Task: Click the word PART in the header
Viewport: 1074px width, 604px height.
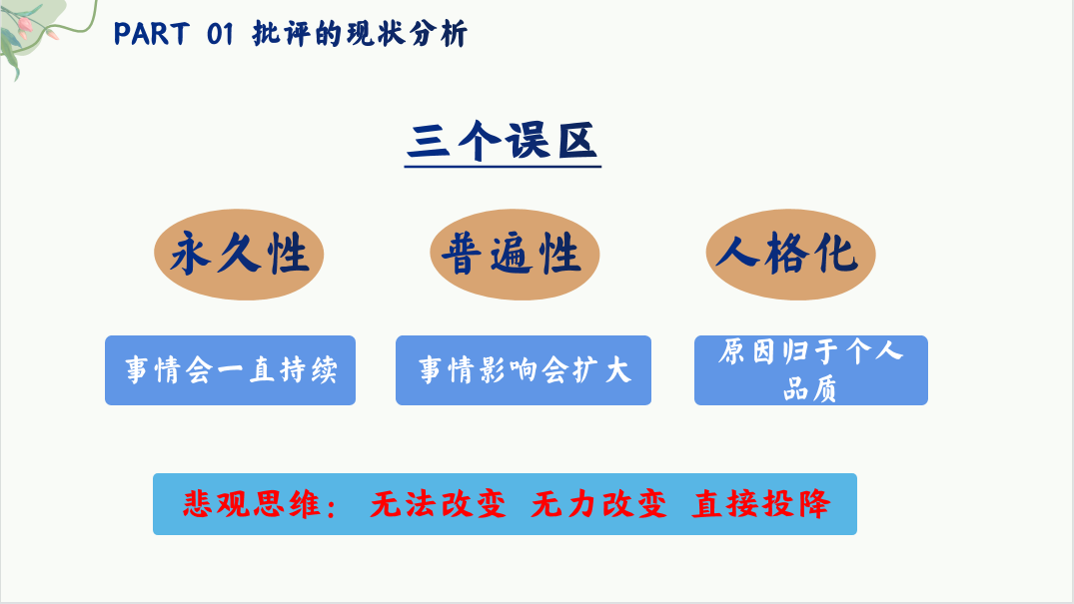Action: coord(151,34)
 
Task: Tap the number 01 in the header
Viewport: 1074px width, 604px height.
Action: coord(220,34)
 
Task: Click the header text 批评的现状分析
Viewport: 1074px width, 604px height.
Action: coord(361,34)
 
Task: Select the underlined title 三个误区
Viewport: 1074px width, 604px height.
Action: coord(503,141)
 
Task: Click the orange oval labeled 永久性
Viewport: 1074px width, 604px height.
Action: coord(239,254)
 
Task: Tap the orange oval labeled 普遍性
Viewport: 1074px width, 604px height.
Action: coord(515,254)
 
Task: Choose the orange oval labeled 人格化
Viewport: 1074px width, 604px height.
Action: coord(790,254)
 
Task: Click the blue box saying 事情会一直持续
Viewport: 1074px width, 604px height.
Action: coord(230,369)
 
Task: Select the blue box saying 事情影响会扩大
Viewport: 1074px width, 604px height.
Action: coord(524,369)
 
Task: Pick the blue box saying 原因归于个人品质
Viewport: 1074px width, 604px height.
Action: coord(811,369)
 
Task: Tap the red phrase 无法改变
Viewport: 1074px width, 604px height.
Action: coord(439,504)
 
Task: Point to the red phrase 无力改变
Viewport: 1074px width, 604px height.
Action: coord(599,504)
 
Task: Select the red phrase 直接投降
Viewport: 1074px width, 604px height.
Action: coord(761,504)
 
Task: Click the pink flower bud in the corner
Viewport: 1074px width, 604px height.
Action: coord(25,26)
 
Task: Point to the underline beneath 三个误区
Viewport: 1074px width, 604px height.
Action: coord(503,166)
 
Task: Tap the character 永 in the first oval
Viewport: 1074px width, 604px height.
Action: coord(190,254)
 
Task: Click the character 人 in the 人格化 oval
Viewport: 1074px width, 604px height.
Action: coord(737,252)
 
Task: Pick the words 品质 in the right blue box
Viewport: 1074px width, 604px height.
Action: coord(810,389)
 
